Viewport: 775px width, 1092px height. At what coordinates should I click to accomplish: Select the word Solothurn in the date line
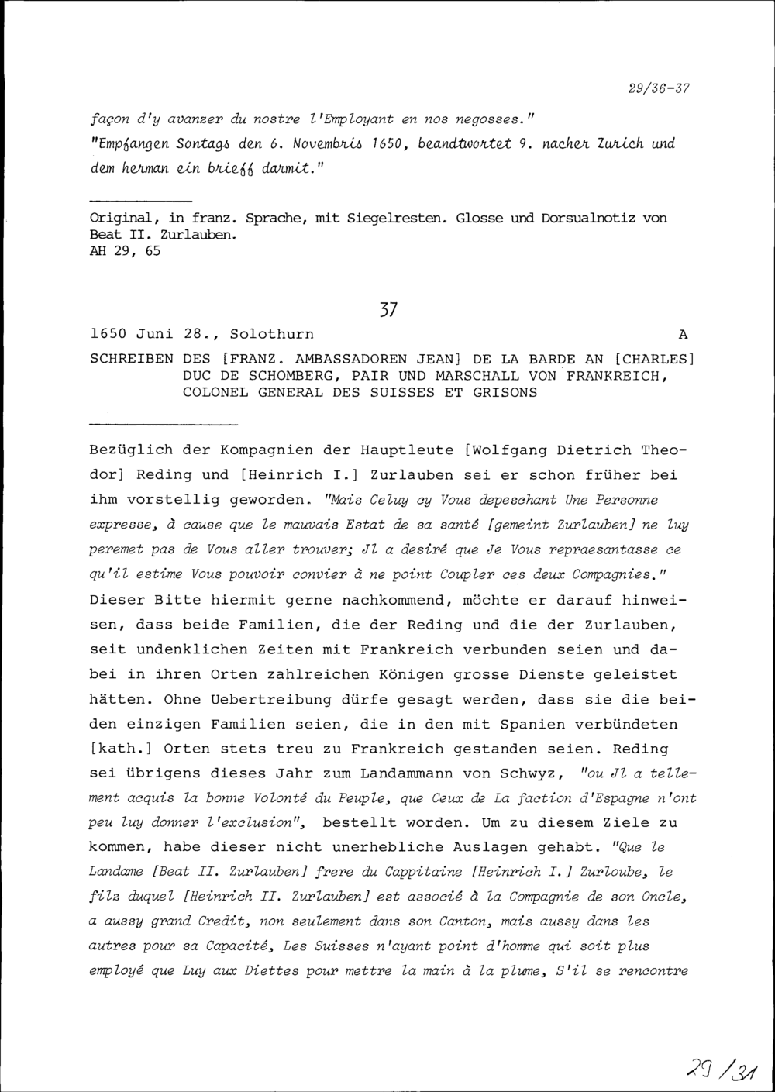(272, 335)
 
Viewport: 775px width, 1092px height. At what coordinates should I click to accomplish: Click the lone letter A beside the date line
(683, 335)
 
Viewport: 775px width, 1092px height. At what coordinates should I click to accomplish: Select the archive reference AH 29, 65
(126, 251)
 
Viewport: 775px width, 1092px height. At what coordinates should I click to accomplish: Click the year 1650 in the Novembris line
(387, 143)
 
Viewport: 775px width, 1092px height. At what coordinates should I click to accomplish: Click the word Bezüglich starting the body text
(132, 450)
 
